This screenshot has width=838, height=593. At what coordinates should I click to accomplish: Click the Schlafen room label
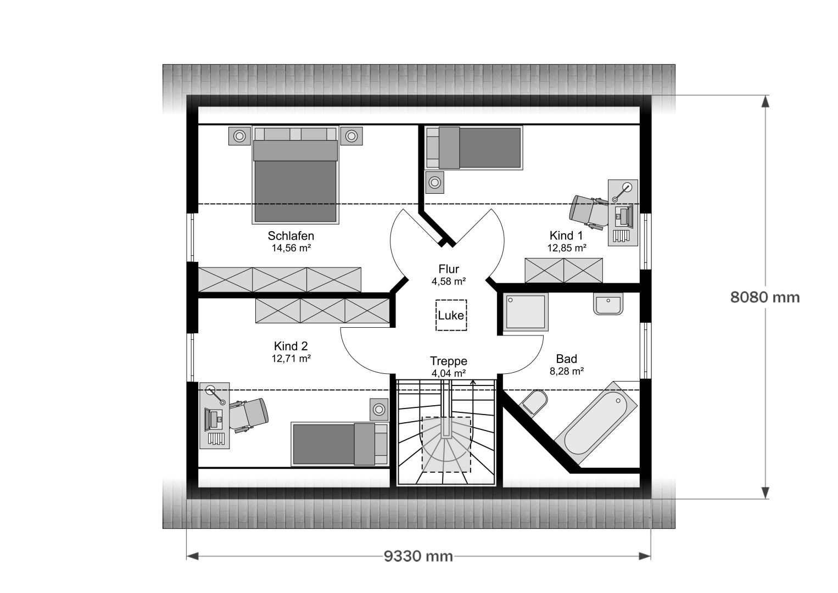point(290,236)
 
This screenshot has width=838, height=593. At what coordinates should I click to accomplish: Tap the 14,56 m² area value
point(291,248)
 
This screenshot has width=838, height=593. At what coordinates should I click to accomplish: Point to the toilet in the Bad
point(533,402)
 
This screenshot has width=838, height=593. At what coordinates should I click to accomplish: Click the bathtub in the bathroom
point(596,423)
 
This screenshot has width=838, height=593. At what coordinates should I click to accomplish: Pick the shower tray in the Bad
point(525,312)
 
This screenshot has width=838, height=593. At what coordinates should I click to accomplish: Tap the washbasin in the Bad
point(608,304)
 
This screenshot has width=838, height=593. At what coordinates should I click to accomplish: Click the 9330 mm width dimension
point(418,557)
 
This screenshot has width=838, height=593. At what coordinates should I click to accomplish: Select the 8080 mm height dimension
point(765,298)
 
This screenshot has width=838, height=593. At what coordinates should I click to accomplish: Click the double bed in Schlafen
point(295,175)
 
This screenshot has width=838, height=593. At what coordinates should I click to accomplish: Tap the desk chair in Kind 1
point(588,211)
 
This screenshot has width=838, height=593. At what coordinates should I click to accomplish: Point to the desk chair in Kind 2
point(248,415)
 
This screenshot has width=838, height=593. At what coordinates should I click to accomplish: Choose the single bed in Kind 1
point(473,148)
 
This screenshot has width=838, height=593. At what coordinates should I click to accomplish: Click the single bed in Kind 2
point(340,444)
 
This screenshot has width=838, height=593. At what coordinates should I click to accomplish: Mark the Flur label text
point(449,269)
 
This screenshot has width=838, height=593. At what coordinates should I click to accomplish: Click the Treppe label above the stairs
point(449,361)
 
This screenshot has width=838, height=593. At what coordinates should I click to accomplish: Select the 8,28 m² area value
point(566,371)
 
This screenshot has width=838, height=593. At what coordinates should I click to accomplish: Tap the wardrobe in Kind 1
point(564,271)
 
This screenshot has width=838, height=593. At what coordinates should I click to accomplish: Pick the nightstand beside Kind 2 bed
point(379,409)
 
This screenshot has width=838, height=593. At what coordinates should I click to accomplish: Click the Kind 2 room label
point(290,346)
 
